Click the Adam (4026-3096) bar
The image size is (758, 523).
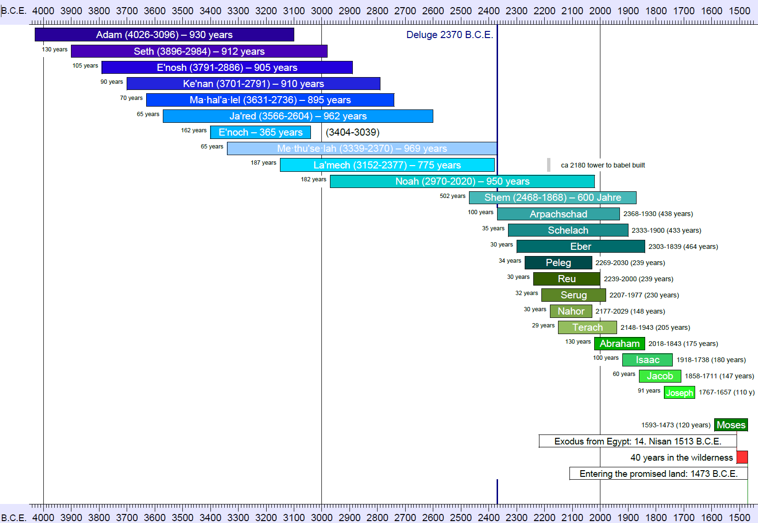point(164,35)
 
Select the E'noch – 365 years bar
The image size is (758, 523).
point(260,132)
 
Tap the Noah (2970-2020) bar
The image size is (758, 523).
point(462,181)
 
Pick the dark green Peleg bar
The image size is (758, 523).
point(558,263)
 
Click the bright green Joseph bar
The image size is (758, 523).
point(679,393)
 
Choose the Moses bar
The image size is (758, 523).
point(730,425)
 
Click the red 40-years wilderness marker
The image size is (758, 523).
point(742,457)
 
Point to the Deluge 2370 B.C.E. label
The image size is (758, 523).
point(449,35)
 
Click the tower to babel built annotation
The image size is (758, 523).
point(602,165)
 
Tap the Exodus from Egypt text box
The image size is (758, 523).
point(638,441)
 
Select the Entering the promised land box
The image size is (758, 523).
point(658,474)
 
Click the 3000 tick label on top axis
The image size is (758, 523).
point(322,10)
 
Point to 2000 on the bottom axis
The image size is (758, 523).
point(600,517)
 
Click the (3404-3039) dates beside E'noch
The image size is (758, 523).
point(352,132)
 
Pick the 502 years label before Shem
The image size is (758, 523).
point(452,196)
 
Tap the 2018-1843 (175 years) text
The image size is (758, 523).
point(683,344)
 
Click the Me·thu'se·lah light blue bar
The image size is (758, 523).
point(362,148)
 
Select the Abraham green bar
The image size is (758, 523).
point(619,344)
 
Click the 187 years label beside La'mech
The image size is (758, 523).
point(263,163)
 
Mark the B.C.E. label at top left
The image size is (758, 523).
point(13,10)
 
